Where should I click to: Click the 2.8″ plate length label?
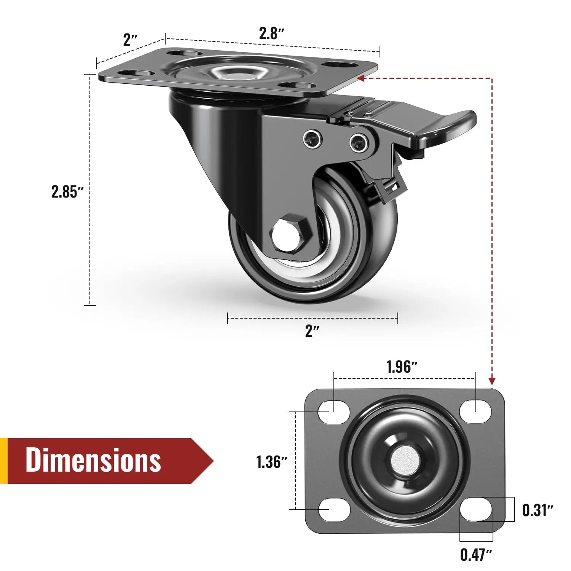click(x=271, y=34)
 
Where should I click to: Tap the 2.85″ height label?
click(x=67, y=191)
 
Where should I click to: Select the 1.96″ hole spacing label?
click(x=402, y=367)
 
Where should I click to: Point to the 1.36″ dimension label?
click(x=271, y=462)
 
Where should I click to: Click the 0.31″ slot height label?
click(x=537, y=510)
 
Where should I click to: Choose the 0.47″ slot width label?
click(x=476, y=555)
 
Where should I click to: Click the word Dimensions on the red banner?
click(x=93, y=460)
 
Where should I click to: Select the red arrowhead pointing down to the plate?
click(x=492, y=381)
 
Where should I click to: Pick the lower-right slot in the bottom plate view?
click(x=475, y=510)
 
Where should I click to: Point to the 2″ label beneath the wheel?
click(x=312, y=331)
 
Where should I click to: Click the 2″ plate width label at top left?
click(x=130, y=40)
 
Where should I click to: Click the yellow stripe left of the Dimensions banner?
click(x=3, y=461)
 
